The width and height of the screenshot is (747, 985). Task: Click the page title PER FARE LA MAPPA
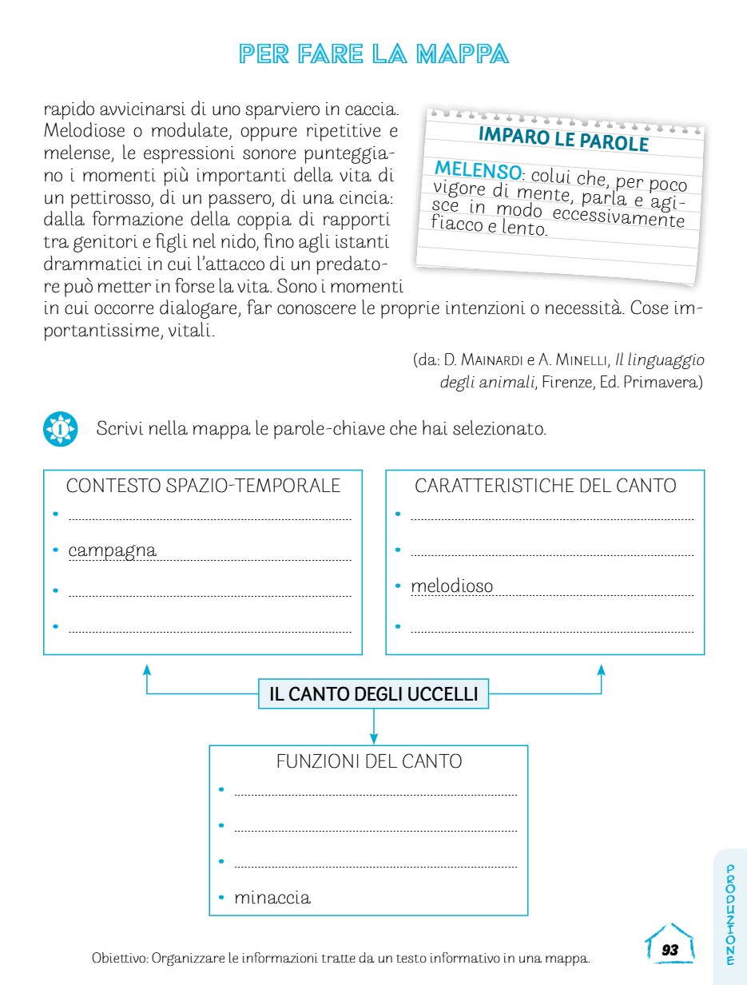374,54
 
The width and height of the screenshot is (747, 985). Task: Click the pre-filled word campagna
112,550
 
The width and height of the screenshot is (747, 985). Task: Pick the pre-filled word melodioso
451,586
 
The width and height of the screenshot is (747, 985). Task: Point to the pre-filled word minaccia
272,897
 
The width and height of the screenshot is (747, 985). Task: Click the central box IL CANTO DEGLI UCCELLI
373,694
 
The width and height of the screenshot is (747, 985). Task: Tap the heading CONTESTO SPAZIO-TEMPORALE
203,486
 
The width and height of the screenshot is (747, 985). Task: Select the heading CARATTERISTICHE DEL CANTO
545,486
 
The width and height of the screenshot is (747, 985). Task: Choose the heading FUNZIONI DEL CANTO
368,761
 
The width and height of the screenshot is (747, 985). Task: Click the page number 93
670,950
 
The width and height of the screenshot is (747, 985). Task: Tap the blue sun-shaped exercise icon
59,429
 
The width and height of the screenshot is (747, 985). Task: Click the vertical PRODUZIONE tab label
730,915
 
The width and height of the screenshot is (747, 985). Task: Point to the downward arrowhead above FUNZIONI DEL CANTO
373,739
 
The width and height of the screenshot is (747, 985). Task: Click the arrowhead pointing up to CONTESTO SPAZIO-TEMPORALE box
146,668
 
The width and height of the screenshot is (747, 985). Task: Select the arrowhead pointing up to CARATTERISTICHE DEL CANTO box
601,668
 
